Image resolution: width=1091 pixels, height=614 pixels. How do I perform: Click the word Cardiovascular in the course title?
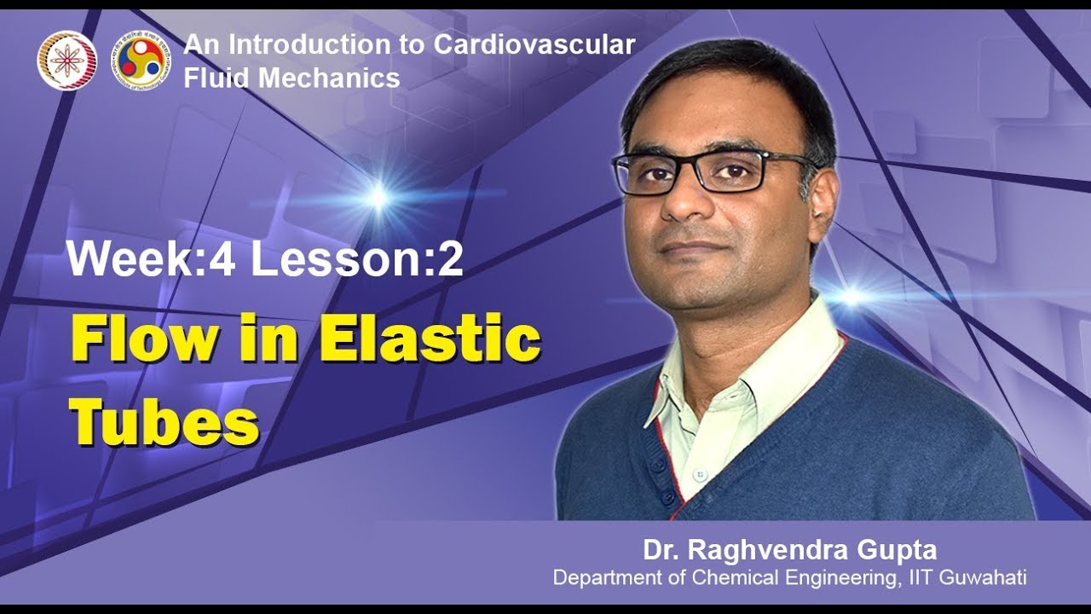point(534,45)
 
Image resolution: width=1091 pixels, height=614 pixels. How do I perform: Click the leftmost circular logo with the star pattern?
point(66,61)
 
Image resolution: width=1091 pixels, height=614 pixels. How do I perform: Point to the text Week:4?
point(151,260)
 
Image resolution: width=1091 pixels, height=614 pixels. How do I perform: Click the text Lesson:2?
point(357,260)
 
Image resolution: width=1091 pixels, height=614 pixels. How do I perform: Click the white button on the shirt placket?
point(700,473)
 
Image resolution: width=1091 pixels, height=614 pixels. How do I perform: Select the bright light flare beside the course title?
point(378,198)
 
